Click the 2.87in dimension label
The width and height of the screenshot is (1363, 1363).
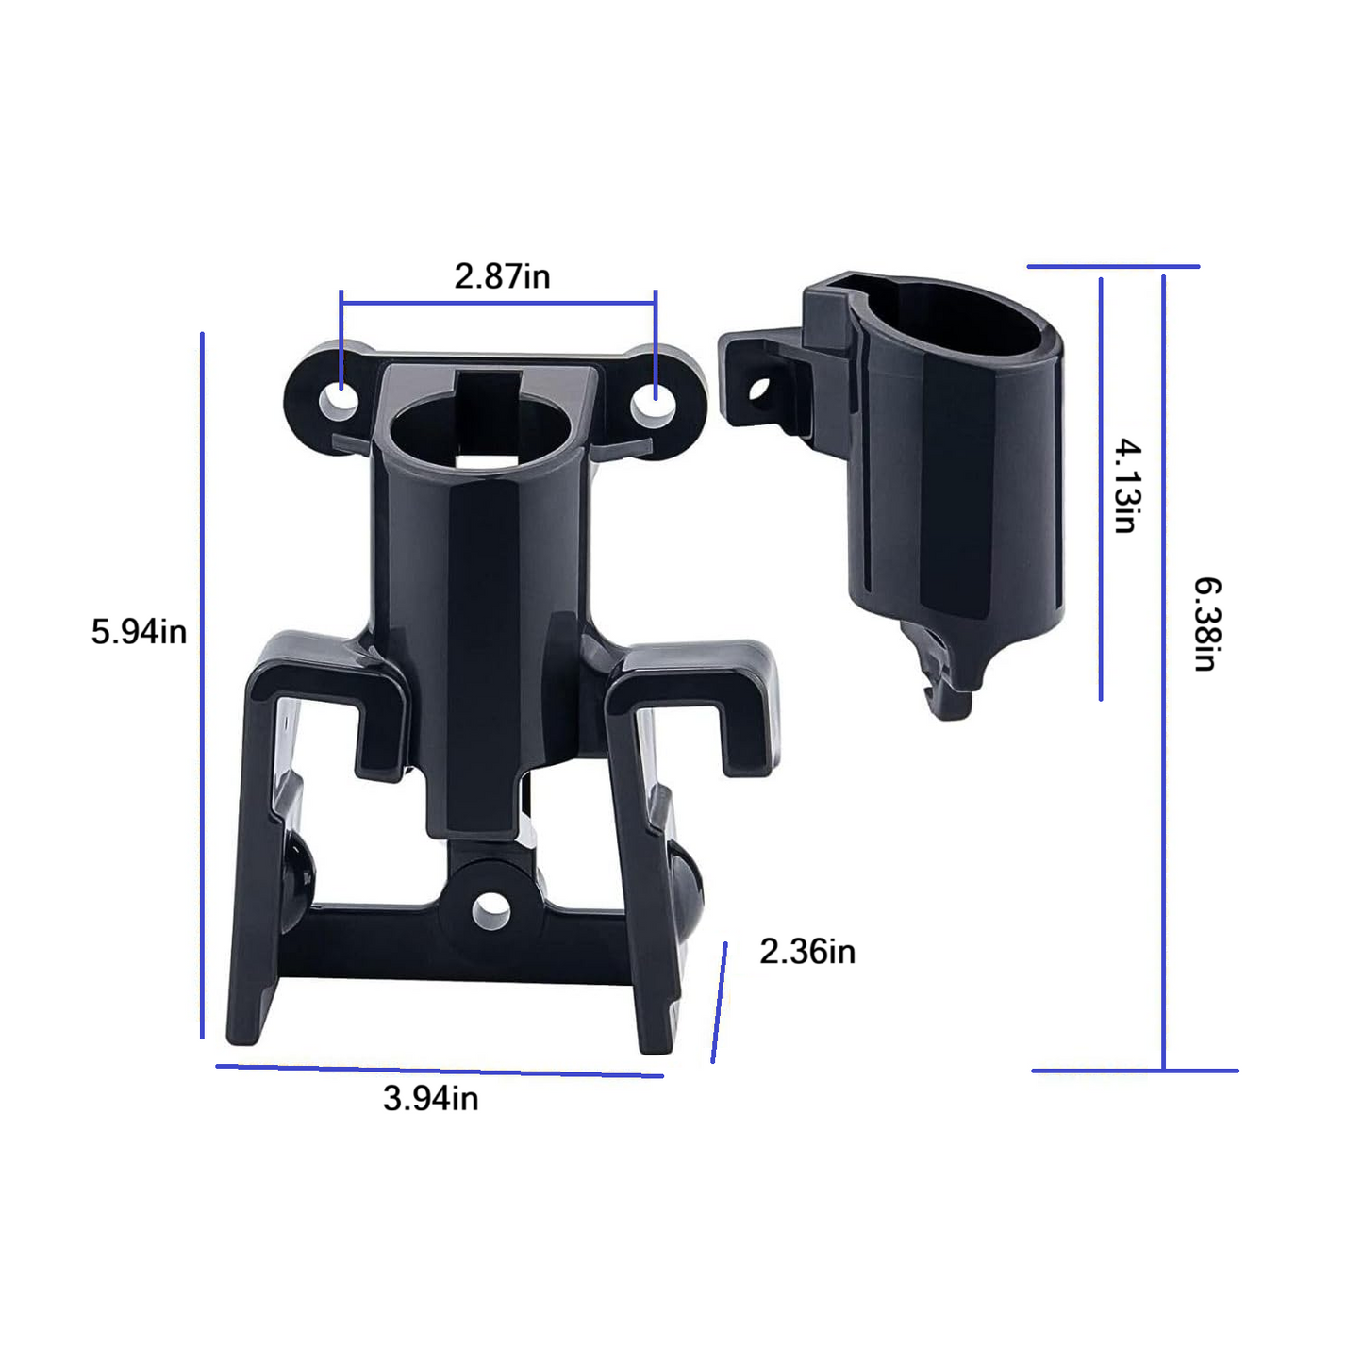click(502, 276)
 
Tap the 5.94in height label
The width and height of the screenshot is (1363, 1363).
click(139, 631)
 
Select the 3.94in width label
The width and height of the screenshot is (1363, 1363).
click(430, 1098)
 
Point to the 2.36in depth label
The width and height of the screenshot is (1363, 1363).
click(807, 952)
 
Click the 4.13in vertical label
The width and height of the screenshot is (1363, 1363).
click(1128, 485)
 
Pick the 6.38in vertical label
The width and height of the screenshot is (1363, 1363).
click(1207, 623)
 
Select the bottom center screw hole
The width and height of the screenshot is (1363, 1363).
click(490, 911)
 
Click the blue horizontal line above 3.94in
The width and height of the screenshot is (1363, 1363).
click(440, 1071)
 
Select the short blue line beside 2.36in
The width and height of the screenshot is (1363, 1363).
click(719, 1003)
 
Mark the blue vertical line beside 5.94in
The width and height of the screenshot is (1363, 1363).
click(202, 685)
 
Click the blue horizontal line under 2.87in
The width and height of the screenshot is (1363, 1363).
click(498, 303)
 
